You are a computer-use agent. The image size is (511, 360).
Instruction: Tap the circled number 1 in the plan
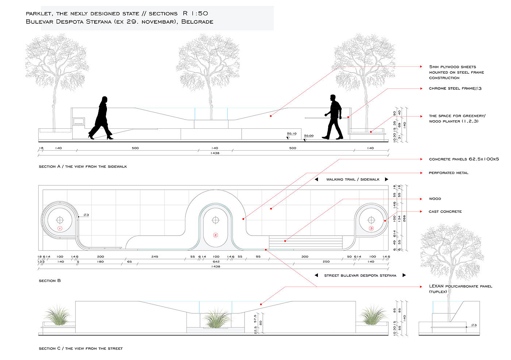point(60,228)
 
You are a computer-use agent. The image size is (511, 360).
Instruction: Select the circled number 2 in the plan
point(215,235)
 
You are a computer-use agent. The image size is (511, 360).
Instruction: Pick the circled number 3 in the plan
point(371,228)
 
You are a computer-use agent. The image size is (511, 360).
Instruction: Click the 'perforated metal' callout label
point(448,173)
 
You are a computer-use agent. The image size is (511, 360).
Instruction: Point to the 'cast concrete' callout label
point(445,212)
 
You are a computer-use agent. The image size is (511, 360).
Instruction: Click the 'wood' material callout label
point(435,199)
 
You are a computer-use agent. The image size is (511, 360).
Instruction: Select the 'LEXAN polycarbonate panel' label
point(460,286)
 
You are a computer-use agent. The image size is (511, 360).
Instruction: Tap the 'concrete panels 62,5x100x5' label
point(464,159)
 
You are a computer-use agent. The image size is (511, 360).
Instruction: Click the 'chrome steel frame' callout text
point(455,89)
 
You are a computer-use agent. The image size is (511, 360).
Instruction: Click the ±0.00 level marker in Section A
point(309,136)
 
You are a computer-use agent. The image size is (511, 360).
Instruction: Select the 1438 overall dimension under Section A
point(215,153)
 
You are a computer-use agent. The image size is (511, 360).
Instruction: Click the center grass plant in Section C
point(216,318)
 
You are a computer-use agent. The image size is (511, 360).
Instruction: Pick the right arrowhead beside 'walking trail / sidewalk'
point(387,179)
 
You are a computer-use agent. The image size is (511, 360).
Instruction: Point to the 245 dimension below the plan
point(155,257)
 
